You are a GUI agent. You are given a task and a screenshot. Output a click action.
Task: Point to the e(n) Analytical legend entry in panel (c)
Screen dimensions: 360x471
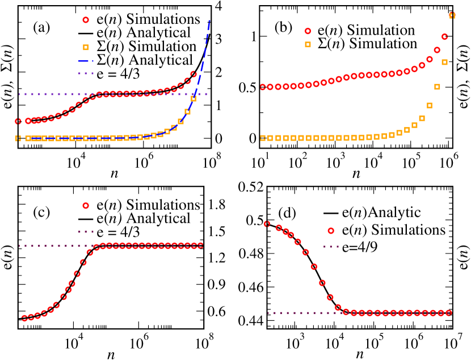(x=152, y=218)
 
